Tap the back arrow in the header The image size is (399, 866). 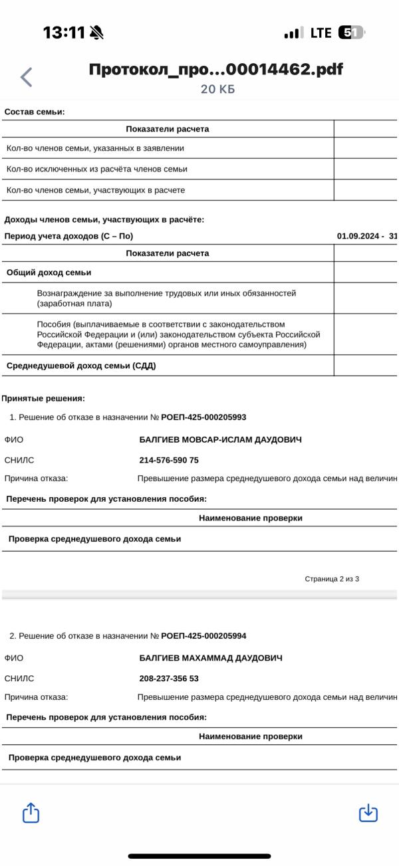point(27,77)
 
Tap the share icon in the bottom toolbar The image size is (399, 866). point(31,812)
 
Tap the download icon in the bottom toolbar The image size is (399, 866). point(368,812)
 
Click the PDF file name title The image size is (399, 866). point(216,70)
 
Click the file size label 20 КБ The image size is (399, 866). point(217,90)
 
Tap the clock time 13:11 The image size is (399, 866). point(65,33)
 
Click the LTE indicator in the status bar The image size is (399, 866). point(321,33)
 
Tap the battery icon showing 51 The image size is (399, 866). point(350,33)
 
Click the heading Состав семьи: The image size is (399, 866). point(35,112)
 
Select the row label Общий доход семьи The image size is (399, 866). point(49,272)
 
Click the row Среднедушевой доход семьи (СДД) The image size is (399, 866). point(81,366)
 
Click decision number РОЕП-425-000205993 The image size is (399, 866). point(203,417)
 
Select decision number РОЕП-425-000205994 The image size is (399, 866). point(203,636)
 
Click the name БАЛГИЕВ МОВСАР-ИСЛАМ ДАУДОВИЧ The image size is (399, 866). point(220,439)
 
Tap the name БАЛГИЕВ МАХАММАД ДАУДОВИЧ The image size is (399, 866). point(211,658)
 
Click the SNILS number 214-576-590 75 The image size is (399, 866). point(169,460)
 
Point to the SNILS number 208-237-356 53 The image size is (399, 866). point(169,679)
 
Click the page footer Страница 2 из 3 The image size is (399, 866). point(332,579)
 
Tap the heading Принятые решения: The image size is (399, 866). point(43,398)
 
